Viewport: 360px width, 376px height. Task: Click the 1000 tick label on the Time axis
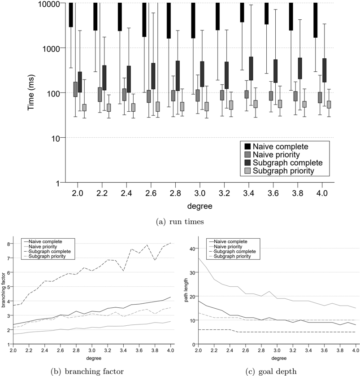[x=51, y=48]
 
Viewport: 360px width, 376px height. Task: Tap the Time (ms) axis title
[x=31, y=92]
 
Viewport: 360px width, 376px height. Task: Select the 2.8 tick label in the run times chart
[x=175, y=193]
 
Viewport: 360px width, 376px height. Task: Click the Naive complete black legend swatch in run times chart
[x=247, y=146]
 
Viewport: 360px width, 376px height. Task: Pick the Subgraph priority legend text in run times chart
[x=283, y=171]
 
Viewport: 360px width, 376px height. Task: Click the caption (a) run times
[x=180, y=222]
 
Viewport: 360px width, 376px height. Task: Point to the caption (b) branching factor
[x=87, y=371]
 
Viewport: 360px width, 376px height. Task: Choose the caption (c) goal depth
[x=271, y=371]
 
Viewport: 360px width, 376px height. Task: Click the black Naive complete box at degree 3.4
[x=242, y=13]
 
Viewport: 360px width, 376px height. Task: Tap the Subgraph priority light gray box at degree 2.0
[x=84, y=107]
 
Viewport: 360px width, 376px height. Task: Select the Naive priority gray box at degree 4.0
[x=320, y=97]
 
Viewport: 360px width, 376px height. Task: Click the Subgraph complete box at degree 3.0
[x=202, y=74]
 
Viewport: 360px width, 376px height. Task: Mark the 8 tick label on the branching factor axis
[x=9, y=244]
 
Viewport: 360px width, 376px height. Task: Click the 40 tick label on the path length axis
[x=192, y=249]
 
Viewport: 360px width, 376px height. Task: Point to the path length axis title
[x=186, y=290]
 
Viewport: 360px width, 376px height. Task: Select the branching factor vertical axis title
[x=3, y=290]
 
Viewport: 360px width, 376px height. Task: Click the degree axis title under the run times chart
[x=200, y=206]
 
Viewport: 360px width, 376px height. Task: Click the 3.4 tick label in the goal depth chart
[x=308, y=350]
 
